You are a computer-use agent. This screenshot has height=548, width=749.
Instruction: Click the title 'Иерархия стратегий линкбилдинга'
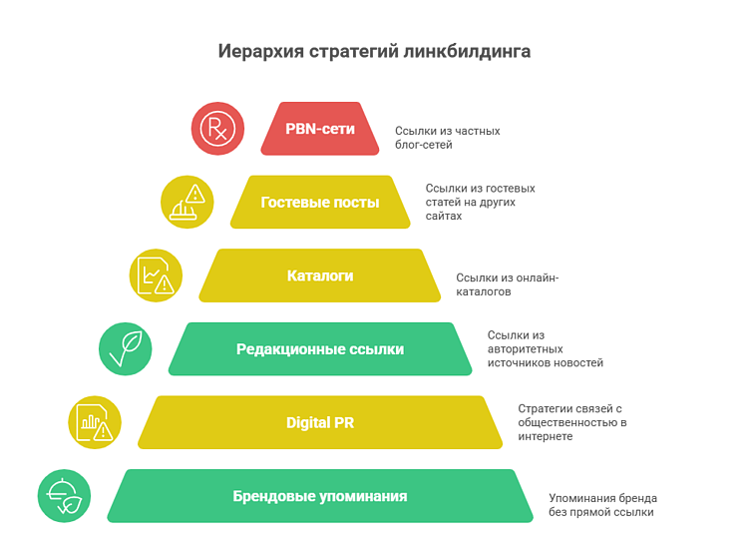pos(374,51)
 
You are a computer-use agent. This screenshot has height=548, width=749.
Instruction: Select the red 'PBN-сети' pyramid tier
pos(319,129)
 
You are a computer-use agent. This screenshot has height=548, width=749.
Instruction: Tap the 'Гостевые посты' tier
pos(319,203)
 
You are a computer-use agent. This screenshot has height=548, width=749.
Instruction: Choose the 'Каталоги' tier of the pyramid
pos(319,275)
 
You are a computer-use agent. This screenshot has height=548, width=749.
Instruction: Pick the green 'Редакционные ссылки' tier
pos(319,349)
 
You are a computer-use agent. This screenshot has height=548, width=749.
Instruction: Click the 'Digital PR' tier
pos(319,422)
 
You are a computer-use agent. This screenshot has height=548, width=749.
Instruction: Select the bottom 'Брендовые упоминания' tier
pos(319,496)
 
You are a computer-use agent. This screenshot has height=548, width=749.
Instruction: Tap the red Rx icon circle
pos(217,129)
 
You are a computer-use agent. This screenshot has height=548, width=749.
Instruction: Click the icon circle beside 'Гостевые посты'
pos(187,203)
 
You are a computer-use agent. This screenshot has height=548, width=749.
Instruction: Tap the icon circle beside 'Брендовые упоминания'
pos(64,496)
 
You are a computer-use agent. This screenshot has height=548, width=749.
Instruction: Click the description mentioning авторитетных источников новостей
pos(545,349)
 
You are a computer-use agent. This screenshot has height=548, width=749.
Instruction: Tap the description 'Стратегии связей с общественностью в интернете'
pos(571,422)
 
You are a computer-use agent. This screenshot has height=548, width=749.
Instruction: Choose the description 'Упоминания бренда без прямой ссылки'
pos(602,504)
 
